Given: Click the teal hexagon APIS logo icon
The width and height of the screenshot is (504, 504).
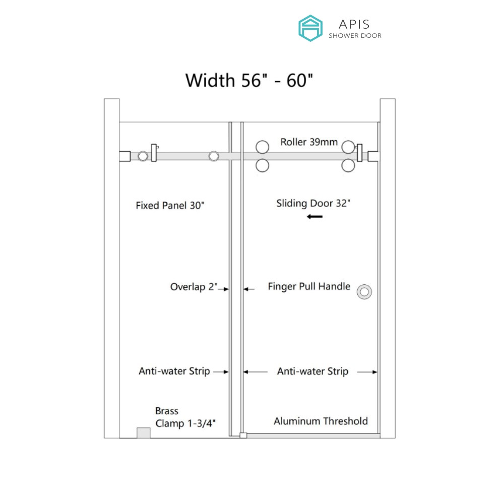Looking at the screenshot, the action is [x=310, y=28].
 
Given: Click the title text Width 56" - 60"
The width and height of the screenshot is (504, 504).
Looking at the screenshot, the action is [x=249, y=80].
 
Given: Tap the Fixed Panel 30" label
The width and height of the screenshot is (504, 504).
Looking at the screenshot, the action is [x=170, y=206].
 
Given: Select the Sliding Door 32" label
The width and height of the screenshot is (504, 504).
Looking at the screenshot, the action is [x=313, y=204].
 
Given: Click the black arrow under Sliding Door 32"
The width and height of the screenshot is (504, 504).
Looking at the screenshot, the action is [x=314, y=217].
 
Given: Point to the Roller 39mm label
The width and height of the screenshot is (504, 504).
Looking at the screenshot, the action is [x=309, y=142].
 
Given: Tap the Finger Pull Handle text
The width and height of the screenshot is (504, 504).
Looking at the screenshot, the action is [x=309, y=286].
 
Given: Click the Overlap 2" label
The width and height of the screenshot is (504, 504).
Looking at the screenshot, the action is [x=194, y=287].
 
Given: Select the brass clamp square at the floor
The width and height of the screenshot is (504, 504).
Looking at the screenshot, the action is [x=143, y=432].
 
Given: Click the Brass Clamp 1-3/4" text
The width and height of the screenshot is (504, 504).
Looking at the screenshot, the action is [x=185, y=417].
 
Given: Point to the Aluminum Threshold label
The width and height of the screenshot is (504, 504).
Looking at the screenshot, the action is [x=321, y=421].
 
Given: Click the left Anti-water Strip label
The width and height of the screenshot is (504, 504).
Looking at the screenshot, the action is [x=174, y=371].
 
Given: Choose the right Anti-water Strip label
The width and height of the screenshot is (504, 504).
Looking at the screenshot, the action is [x=313, y=371].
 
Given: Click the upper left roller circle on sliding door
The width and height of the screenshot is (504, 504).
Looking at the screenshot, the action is [x=262, y=147].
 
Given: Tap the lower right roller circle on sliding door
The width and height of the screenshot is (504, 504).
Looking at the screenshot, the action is [x=348, y=166].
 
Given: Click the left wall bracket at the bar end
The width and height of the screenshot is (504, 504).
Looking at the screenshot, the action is [x=124, y=156].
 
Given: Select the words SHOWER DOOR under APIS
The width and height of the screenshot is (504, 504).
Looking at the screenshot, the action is [x=355, y=36].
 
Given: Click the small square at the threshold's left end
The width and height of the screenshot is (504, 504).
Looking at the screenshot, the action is [x=243, y=435].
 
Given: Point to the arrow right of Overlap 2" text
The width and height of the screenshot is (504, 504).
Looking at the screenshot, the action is [x=223, y=289].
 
